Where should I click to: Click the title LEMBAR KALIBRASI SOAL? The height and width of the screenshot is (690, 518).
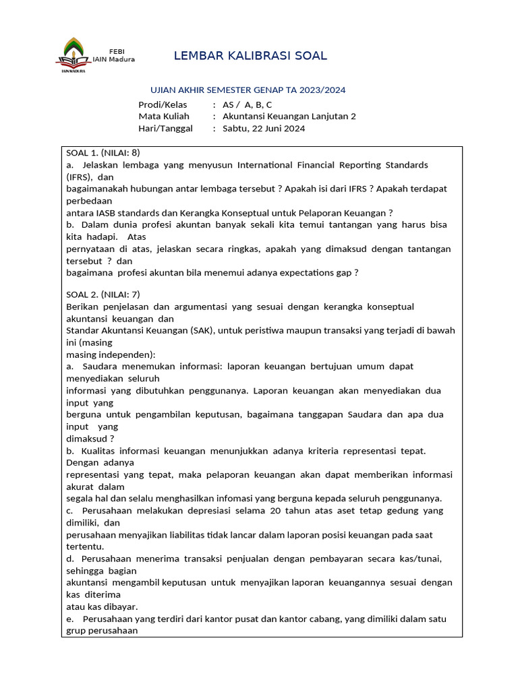[250, 56]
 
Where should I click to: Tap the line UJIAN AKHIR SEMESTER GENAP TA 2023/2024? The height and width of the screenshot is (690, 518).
[247, 90]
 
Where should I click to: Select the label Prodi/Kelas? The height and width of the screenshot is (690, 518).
[163, 104]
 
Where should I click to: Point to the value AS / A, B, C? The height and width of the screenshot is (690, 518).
[247, 104]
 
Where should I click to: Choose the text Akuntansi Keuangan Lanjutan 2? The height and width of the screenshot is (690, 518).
[289, 117]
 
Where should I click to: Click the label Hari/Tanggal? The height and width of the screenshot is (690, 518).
[165, 129]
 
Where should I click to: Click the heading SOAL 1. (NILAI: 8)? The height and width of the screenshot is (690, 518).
[103, 153]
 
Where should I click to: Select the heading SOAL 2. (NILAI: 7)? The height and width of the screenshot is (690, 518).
[103, 294]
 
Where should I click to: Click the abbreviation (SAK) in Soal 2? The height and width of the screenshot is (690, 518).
[202, 330]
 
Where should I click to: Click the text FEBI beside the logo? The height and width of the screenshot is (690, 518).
[117, 51]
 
